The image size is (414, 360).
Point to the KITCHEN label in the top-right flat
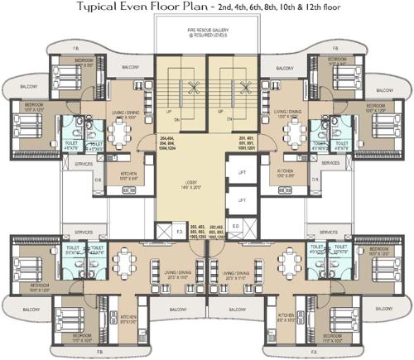pos(286,175)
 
